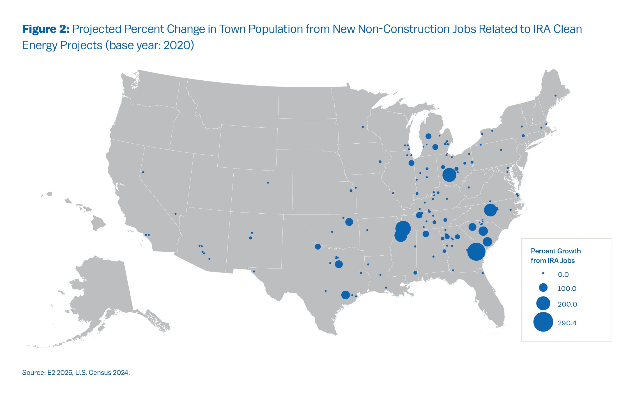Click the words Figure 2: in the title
pos(45,29)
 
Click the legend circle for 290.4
pos(543,322)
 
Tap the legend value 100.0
pos(567,289)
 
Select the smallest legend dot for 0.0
pos(543,273)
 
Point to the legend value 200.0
pos(567,304)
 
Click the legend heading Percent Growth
pos(556,251)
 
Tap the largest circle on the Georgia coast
pos(476,252)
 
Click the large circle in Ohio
pos(449,175)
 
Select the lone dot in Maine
pos(555,95)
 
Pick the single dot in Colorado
pos(268,183)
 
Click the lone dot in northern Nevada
pos(143,172)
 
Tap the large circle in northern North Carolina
pos(490,210)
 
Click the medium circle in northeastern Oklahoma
pos(349,222)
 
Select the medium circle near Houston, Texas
pos(345,295)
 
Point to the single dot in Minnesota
pos(363,127)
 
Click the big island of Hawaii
pos(99,223)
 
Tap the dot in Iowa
pos(380,162)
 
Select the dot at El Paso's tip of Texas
pos(254,271)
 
